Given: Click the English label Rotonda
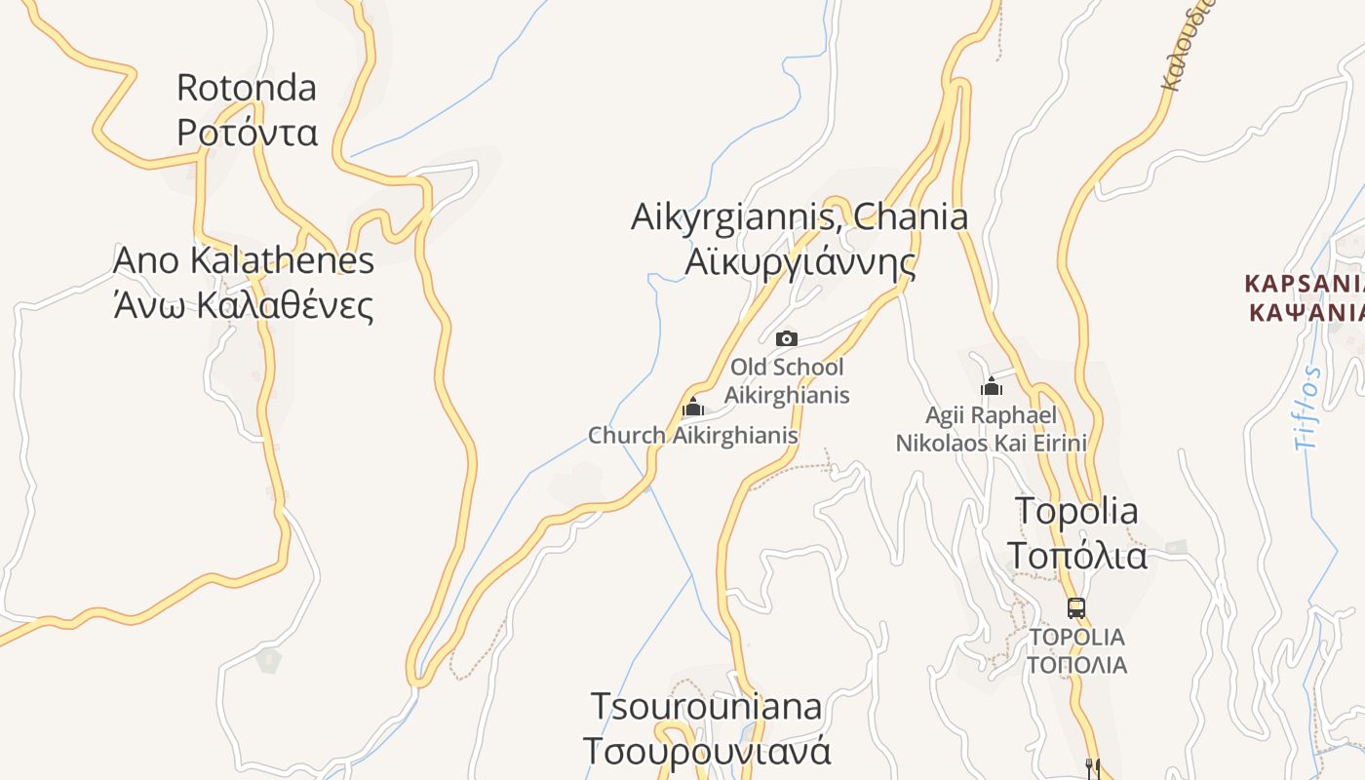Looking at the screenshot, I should pos(247,88).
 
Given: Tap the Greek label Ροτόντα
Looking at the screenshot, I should pos(247,132).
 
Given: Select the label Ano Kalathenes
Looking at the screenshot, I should pos(244,260).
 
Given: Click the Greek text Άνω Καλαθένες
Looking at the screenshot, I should pos(244,304).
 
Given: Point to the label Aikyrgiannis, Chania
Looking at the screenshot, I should pos(799,216).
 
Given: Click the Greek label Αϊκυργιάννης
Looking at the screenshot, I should pos(799,261).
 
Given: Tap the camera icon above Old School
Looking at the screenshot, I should pos(787,338).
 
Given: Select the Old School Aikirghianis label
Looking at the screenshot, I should pos(787,381).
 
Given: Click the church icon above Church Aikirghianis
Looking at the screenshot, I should pos(693,407).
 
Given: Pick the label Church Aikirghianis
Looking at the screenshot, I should pos(693,436).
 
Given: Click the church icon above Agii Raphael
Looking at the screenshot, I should pos(992,386).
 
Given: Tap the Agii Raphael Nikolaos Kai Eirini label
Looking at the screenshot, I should pos(992,429).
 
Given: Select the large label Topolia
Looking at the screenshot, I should pos(1076,510).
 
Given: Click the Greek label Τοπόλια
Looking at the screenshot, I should pos(1076,555).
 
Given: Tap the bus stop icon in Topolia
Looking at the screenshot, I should pos(1076,608).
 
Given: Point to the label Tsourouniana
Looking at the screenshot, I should pos(707,706).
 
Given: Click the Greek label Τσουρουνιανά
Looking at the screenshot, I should pos(707,751).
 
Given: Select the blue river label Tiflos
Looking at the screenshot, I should pos(1307,408).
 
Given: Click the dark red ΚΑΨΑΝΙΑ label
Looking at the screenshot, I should pos(1306,312).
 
